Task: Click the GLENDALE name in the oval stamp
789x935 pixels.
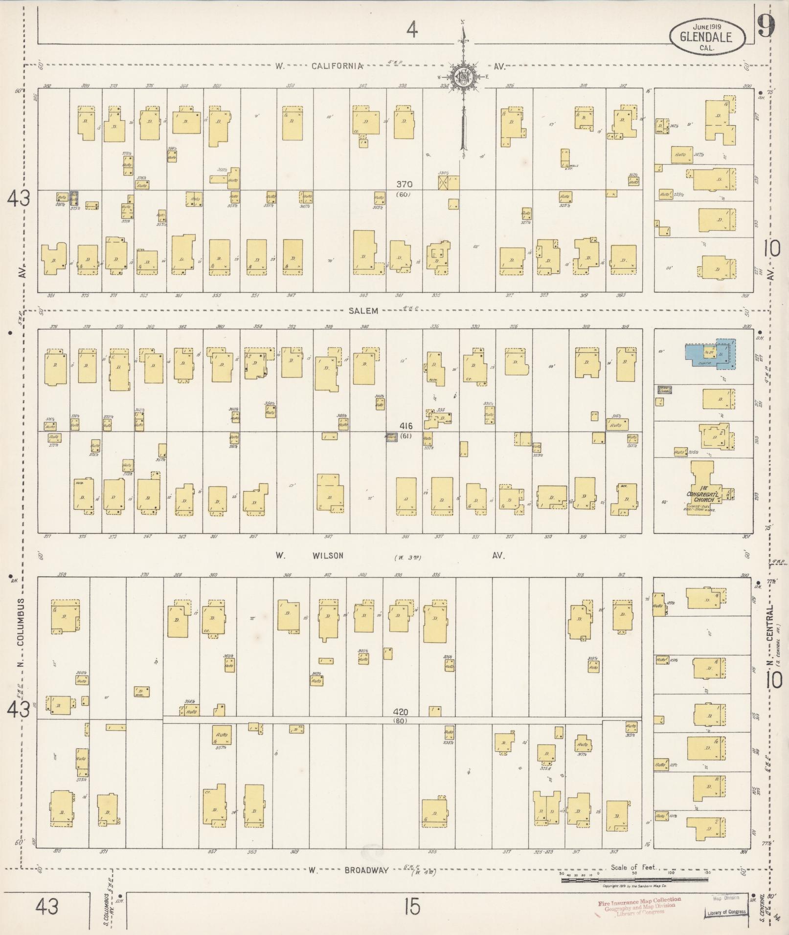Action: point(708,37)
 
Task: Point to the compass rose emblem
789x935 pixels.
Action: point(461,76)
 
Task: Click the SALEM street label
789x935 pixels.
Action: point(363,311)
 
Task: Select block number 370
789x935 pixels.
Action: point(405,184)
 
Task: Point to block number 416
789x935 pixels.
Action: point(406,427)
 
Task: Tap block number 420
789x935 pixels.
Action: point(401,713)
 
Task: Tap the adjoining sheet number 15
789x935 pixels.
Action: point(412,908)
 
